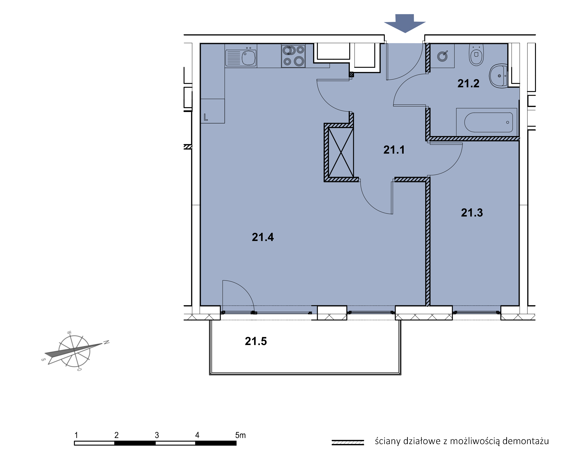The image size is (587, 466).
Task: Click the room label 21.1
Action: click(394, 150)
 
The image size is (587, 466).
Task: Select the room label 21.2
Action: click(468, 83)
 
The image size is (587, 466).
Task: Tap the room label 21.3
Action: click(472, 213)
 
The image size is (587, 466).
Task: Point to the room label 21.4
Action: click(263, 237)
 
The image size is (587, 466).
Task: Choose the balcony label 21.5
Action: click(256, 341)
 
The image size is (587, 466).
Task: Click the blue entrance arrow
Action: click(405, 23)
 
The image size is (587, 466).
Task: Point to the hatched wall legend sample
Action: click(348, 442)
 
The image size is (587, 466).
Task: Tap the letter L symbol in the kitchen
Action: click(206, 117)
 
